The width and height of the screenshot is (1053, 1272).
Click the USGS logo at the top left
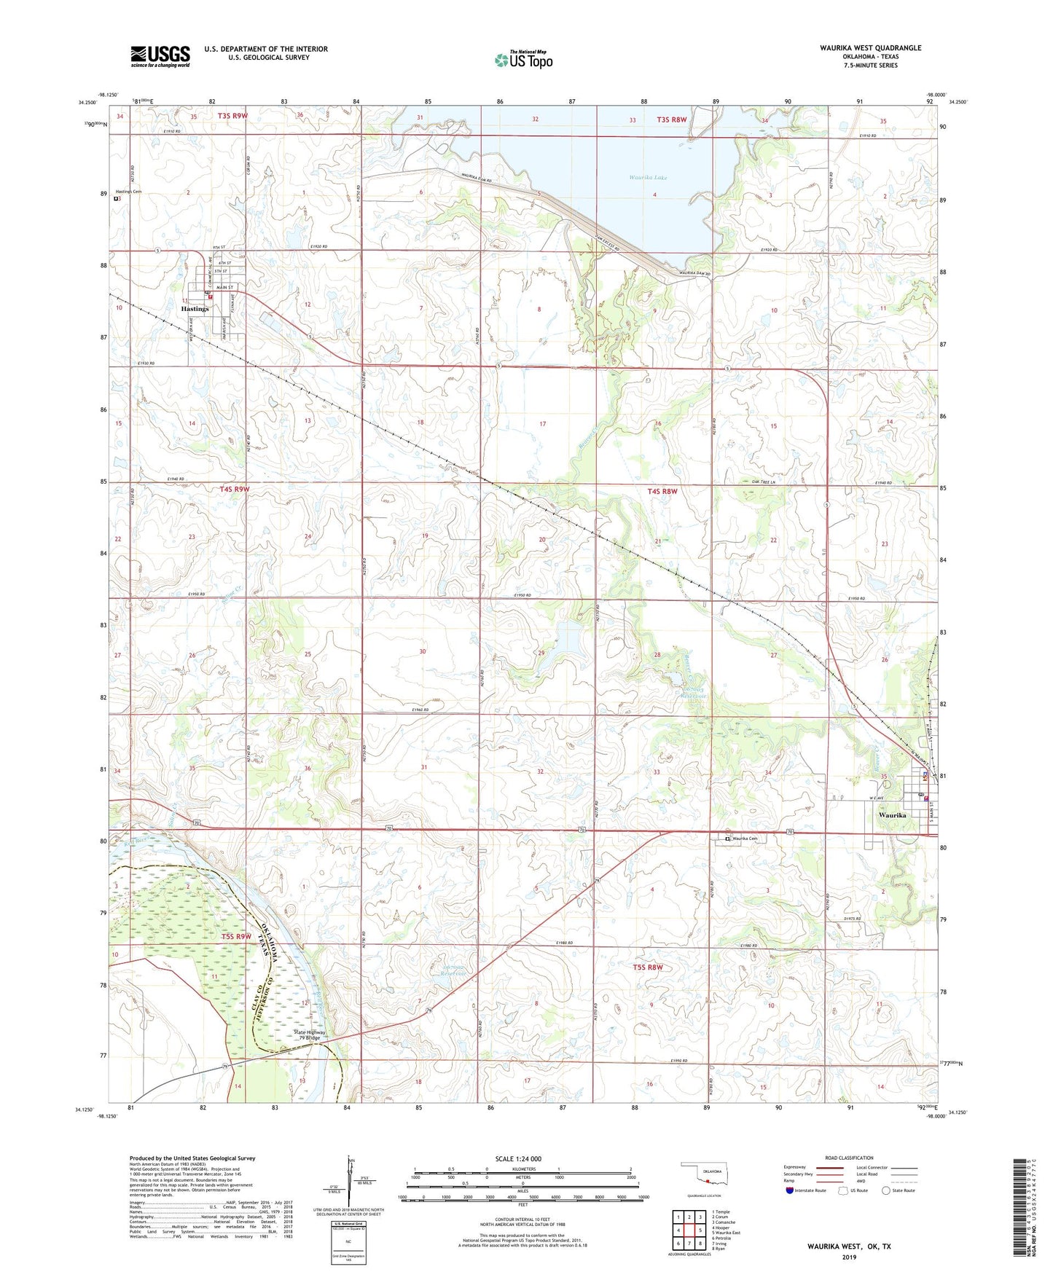click(160, 55)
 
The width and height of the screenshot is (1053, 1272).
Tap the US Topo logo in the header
click(523, 59)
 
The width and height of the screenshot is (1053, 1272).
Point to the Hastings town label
click(195, 309)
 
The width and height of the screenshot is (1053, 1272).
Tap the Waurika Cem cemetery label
click(744, 839)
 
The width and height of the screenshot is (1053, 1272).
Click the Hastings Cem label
click(128, 192)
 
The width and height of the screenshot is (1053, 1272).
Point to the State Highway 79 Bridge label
click(310, 1036)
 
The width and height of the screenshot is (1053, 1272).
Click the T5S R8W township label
click(648, 967)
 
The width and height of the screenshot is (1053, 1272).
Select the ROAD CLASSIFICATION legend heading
click(850, 1158)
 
